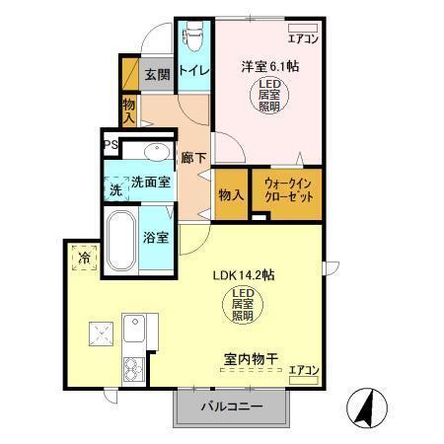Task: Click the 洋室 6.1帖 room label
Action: (x=271, y=67)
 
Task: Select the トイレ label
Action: (x=191, y=70)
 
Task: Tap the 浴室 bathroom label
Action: (x=156, y=238)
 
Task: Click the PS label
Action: (x=111, y=145)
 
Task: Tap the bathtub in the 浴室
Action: (x=121, y=242)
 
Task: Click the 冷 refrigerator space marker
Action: (x=84, y=259)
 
